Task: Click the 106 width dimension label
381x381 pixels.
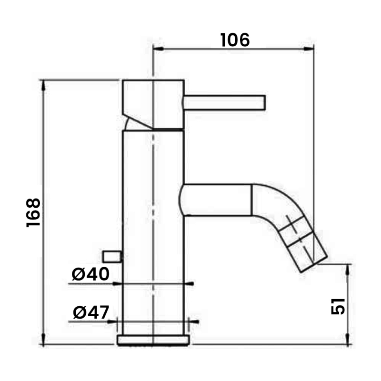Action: [x=235, y=40]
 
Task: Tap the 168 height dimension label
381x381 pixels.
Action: [x=33, y=212]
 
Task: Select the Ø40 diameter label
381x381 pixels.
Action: [x=90, y=274]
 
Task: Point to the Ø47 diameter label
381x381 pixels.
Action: [x=91, y=312]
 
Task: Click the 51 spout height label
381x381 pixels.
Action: [x=338, y=306]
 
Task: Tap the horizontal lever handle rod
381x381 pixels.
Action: [x=224, y=103]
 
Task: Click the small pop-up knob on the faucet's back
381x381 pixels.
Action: [x=112, y=257]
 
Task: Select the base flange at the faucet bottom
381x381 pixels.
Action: [x=153, y=340]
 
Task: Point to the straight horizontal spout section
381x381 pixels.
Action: [x=216, y=200]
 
